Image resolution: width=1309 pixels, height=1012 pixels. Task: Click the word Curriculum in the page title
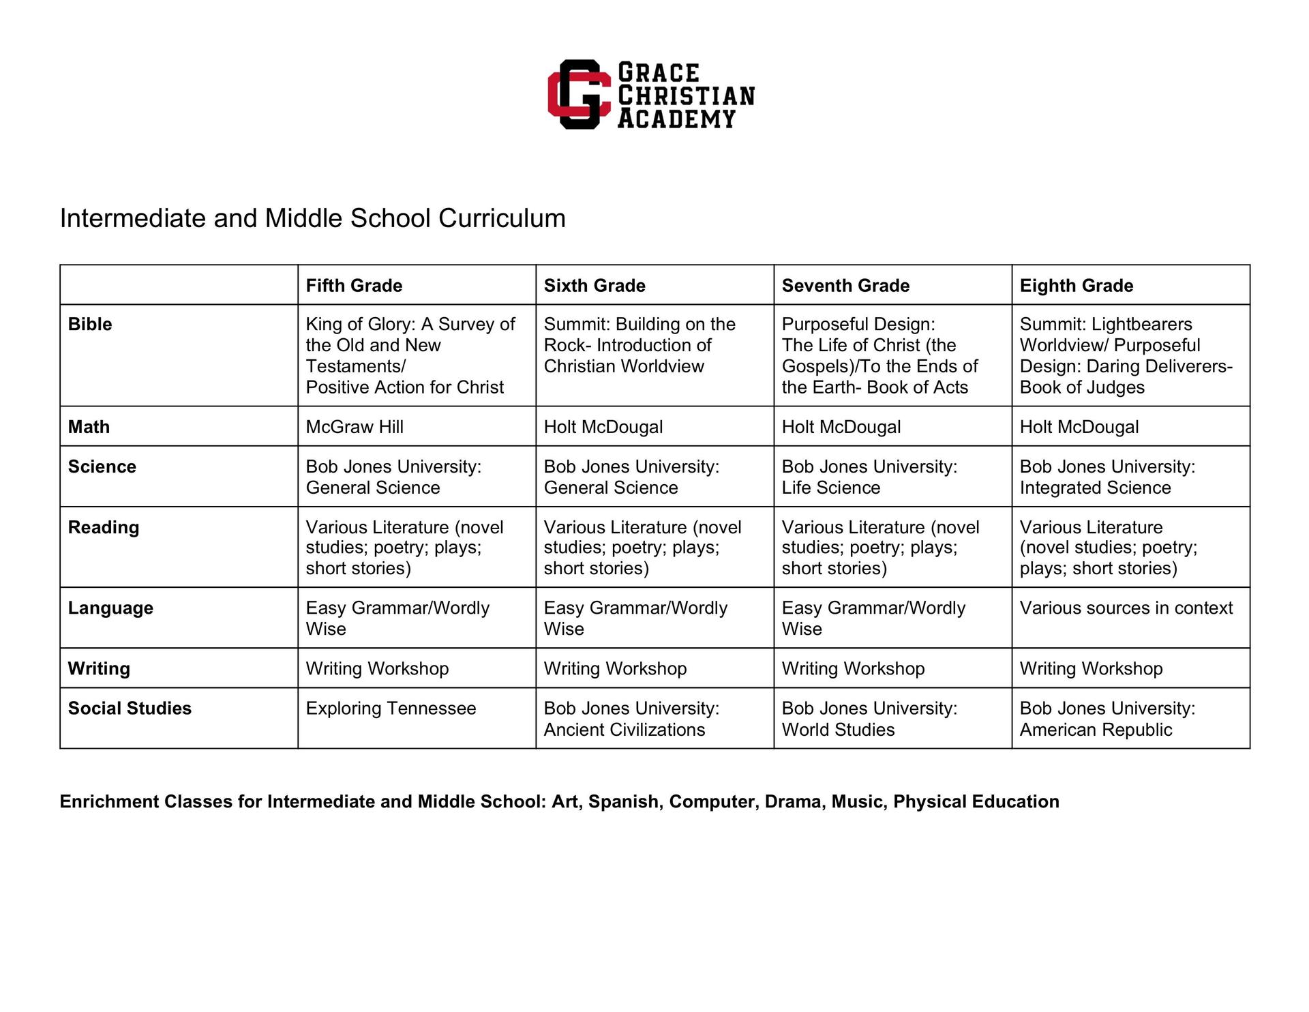point(502,219)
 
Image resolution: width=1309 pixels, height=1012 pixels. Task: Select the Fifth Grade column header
point(354,285)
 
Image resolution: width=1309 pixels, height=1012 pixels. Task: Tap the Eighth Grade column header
point(1076,285)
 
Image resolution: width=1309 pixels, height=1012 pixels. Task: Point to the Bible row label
point(90,324)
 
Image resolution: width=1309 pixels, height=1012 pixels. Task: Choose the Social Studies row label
point(130,708)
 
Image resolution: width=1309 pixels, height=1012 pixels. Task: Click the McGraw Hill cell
point(355,427)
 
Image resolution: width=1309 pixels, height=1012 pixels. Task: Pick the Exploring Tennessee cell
point(391,708)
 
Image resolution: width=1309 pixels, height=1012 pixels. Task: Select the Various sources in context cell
point(1126,608)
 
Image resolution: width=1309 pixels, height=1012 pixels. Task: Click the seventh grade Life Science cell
point(869,477)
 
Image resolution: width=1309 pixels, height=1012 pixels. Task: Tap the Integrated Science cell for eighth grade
point(1107,477)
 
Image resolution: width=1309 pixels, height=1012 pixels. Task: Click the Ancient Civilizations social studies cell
point(631,719)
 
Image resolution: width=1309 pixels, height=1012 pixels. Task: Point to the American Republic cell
point(1107,719)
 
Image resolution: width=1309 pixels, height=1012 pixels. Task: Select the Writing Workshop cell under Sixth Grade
point(615,668)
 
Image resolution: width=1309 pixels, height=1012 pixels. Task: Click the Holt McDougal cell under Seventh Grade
point(841,427)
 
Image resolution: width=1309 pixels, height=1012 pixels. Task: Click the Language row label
point(110,608)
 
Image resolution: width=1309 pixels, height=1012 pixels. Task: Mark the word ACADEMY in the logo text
point(676,119)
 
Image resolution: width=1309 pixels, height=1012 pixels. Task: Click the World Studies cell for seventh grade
point(869,719)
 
